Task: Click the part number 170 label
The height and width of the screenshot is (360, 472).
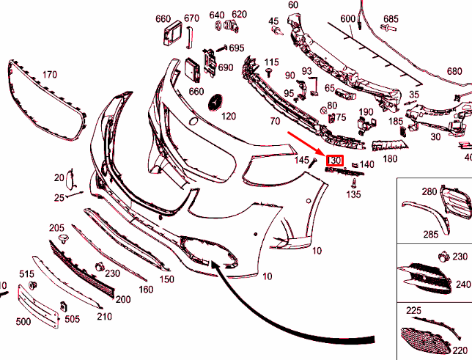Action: pyautogui.click(x=49, y=74)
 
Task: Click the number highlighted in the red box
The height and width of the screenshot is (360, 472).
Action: pyautogui.click(x=336, y=161)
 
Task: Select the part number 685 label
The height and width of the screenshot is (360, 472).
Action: pyautogui.click(x=391, y=18)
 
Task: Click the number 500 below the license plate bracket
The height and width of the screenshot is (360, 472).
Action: pyautogui.click(x=23, y=322)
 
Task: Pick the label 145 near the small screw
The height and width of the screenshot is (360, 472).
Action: pyautogui.click(x=302, y=160)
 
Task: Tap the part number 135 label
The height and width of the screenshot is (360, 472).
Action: pyautogui.click(x=353, y=195)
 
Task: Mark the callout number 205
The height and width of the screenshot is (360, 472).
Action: pyautogui.click(x=56, y=228)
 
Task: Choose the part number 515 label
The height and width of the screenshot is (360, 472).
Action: pyautogui.click(x=26, y=273)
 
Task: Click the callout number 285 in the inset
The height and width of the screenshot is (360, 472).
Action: pyautogui.click(x=429, y=235)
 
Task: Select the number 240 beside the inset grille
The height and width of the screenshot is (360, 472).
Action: pyautogui.click(x=462, y=284)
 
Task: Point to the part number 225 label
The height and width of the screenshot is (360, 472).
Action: pyautogui.click(x=414, y=311)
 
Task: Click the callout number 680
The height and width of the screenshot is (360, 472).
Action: pyautogui.click(x=454, y=72)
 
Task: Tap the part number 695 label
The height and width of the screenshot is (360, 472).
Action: pyautogui.click(x=236, y=48)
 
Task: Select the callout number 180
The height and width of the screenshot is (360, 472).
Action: pyautogui.click(x=390, y=158)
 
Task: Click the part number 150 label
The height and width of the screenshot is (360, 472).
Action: pyautogui.click(x=167, y=279)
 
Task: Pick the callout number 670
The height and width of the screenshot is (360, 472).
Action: pyautogui.click(x=191, y=18)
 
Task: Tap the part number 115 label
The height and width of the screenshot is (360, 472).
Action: pyautogui.click(x=272, y=62)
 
